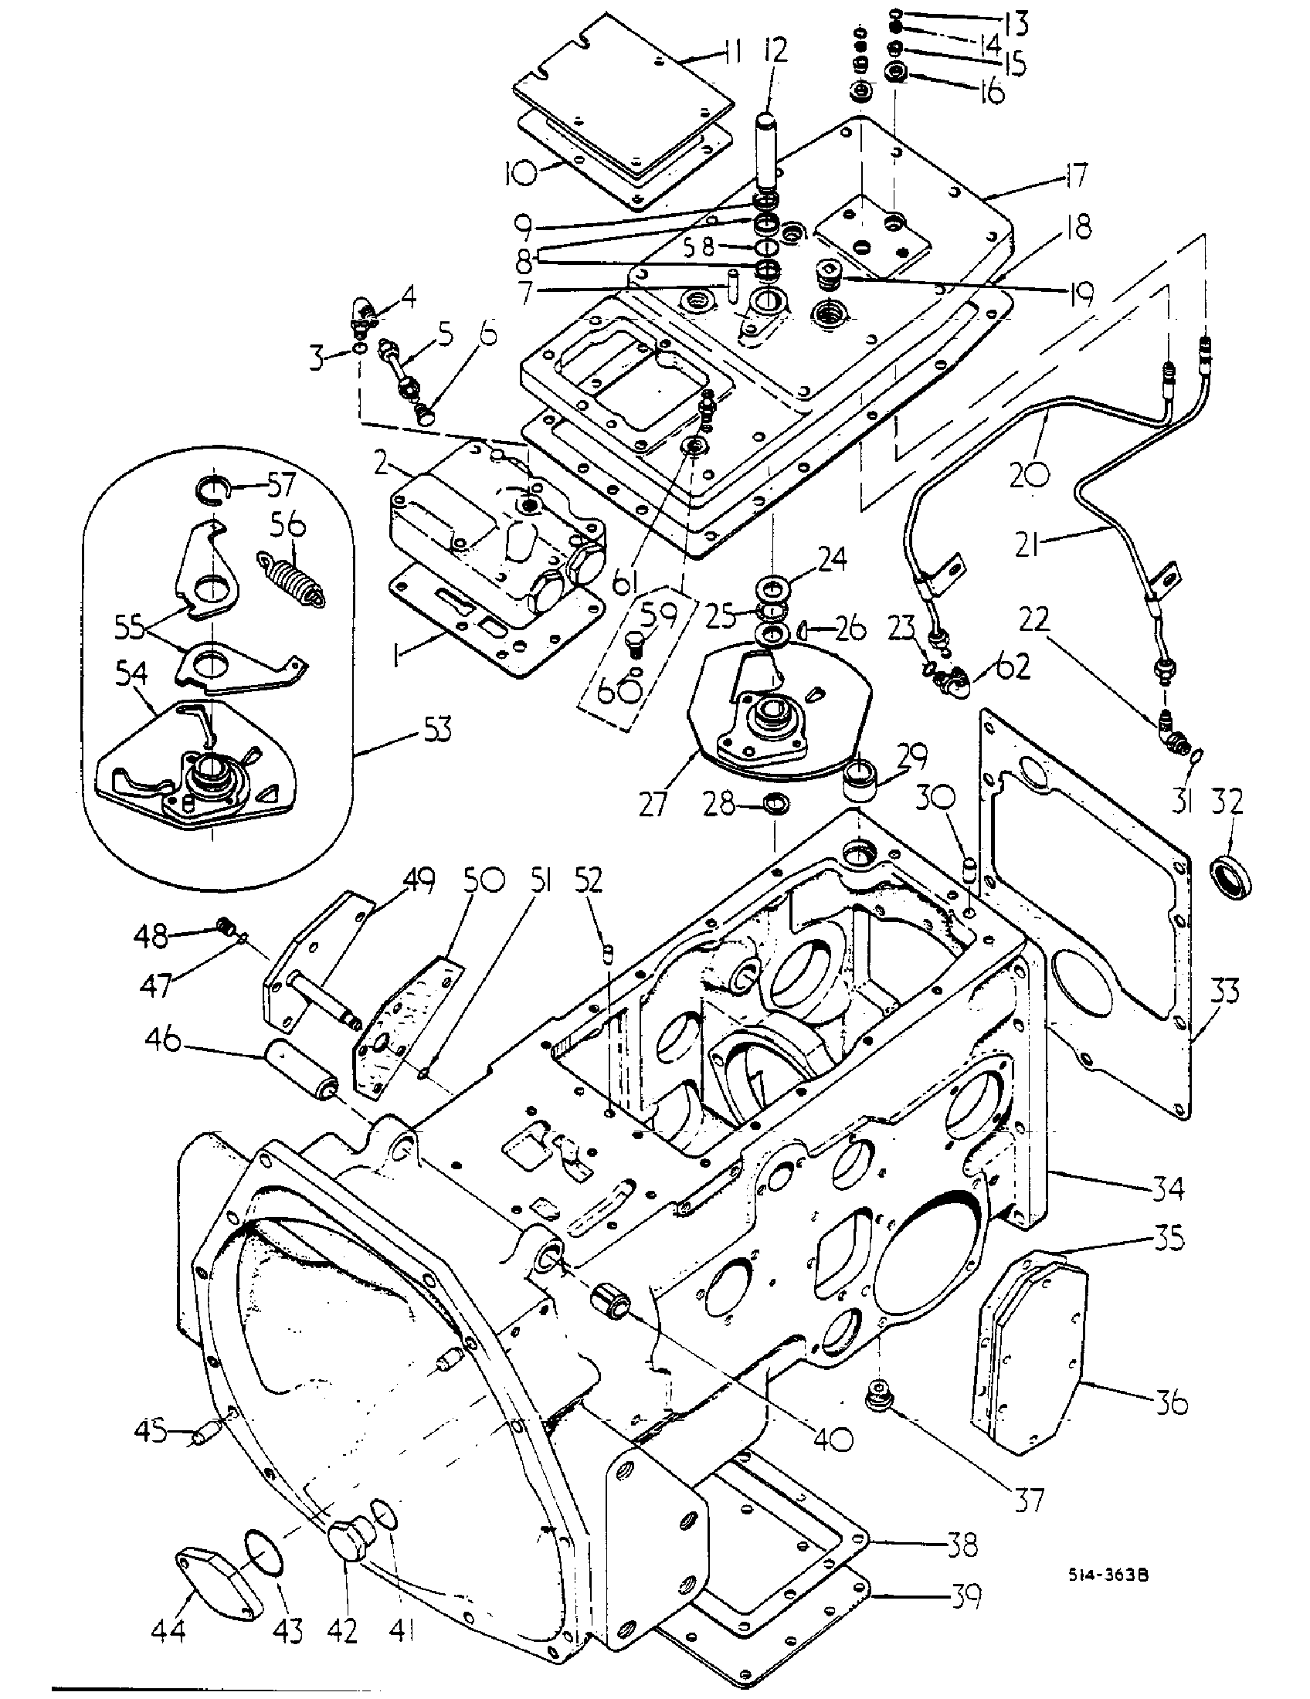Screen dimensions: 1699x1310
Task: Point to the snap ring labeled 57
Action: [x=211, y=493]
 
